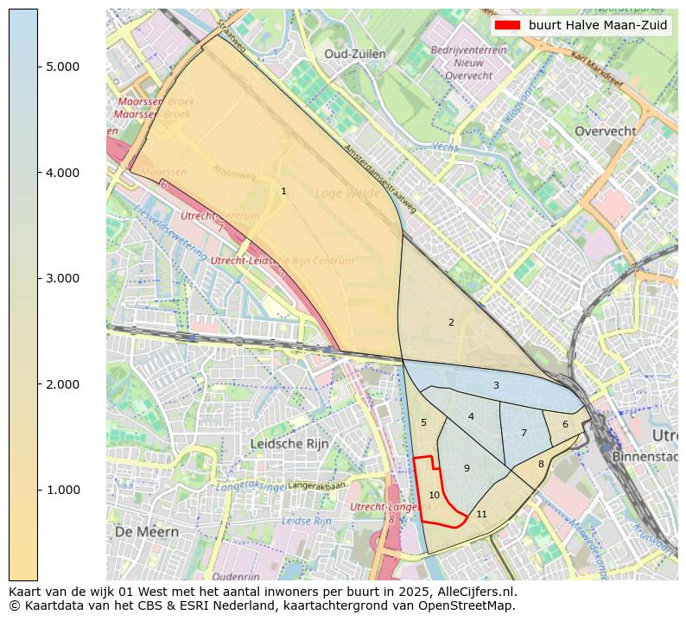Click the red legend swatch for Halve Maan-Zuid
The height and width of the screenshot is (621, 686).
pos(508,25)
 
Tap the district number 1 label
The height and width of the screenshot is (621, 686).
pos(283,191)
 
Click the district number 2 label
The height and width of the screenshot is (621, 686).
pos(451,322)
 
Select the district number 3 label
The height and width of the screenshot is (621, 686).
pos(496,385)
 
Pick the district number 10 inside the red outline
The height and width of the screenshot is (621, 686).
pos(435,495)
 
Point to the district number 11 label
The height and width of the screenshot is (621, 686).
pos(481,514)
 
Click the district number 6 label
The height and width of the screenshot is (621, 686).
pos(565,424)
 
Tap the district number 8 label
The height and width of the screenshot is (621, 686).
pos(541,464)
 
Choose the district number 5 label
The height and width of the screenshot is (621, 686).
pos(423,422)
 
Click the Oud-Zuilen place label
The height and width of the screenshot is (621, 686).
pos(354,54)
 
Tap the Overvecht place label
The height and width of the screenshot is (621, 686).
pos(605,131)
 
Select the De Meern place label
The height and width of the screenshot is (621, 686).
pos(147,531)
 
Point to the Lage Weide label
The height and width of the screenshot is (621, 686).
pos(347,193)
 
